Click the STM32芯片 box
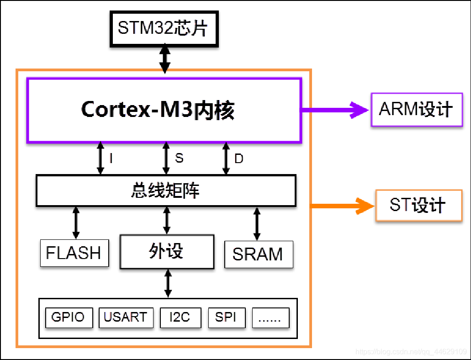pyautogui.click(x=164, y=29)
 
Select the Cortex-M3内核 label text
pyautogui.click(x=158, y=110)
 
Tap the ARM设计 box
pyautogui.click(x=416, y=110)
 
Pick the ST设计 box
pyautogui.click(x=418, y=205)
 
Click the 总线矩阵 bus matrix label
pyautogui.click(x=165, y=190)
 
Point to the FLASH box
pyautogui.click(x=74, y=253)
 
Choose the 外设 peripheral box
pyautogui.click(x=167, y=251)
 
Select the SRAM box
pyautogui.click(x=258, y=254)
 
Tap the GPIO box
pyautogui.click(x=69, y=318)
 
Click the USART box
pyautogui.click(x=126, y=318)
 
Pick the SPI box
pyautogui.click(x=227, y=318)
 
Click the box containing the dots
pyautogui.click(x=270, y=318)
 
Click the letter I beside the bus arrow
pyautogui.click(x=111, y=159)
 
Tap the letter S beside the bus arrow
pyautogui.click(x=179, y=158)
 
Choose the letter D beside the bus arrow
pyautogui.click(x=239, y=159)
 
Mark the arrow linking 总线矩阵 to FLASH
pyautogui.click(x=76, y=222)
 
